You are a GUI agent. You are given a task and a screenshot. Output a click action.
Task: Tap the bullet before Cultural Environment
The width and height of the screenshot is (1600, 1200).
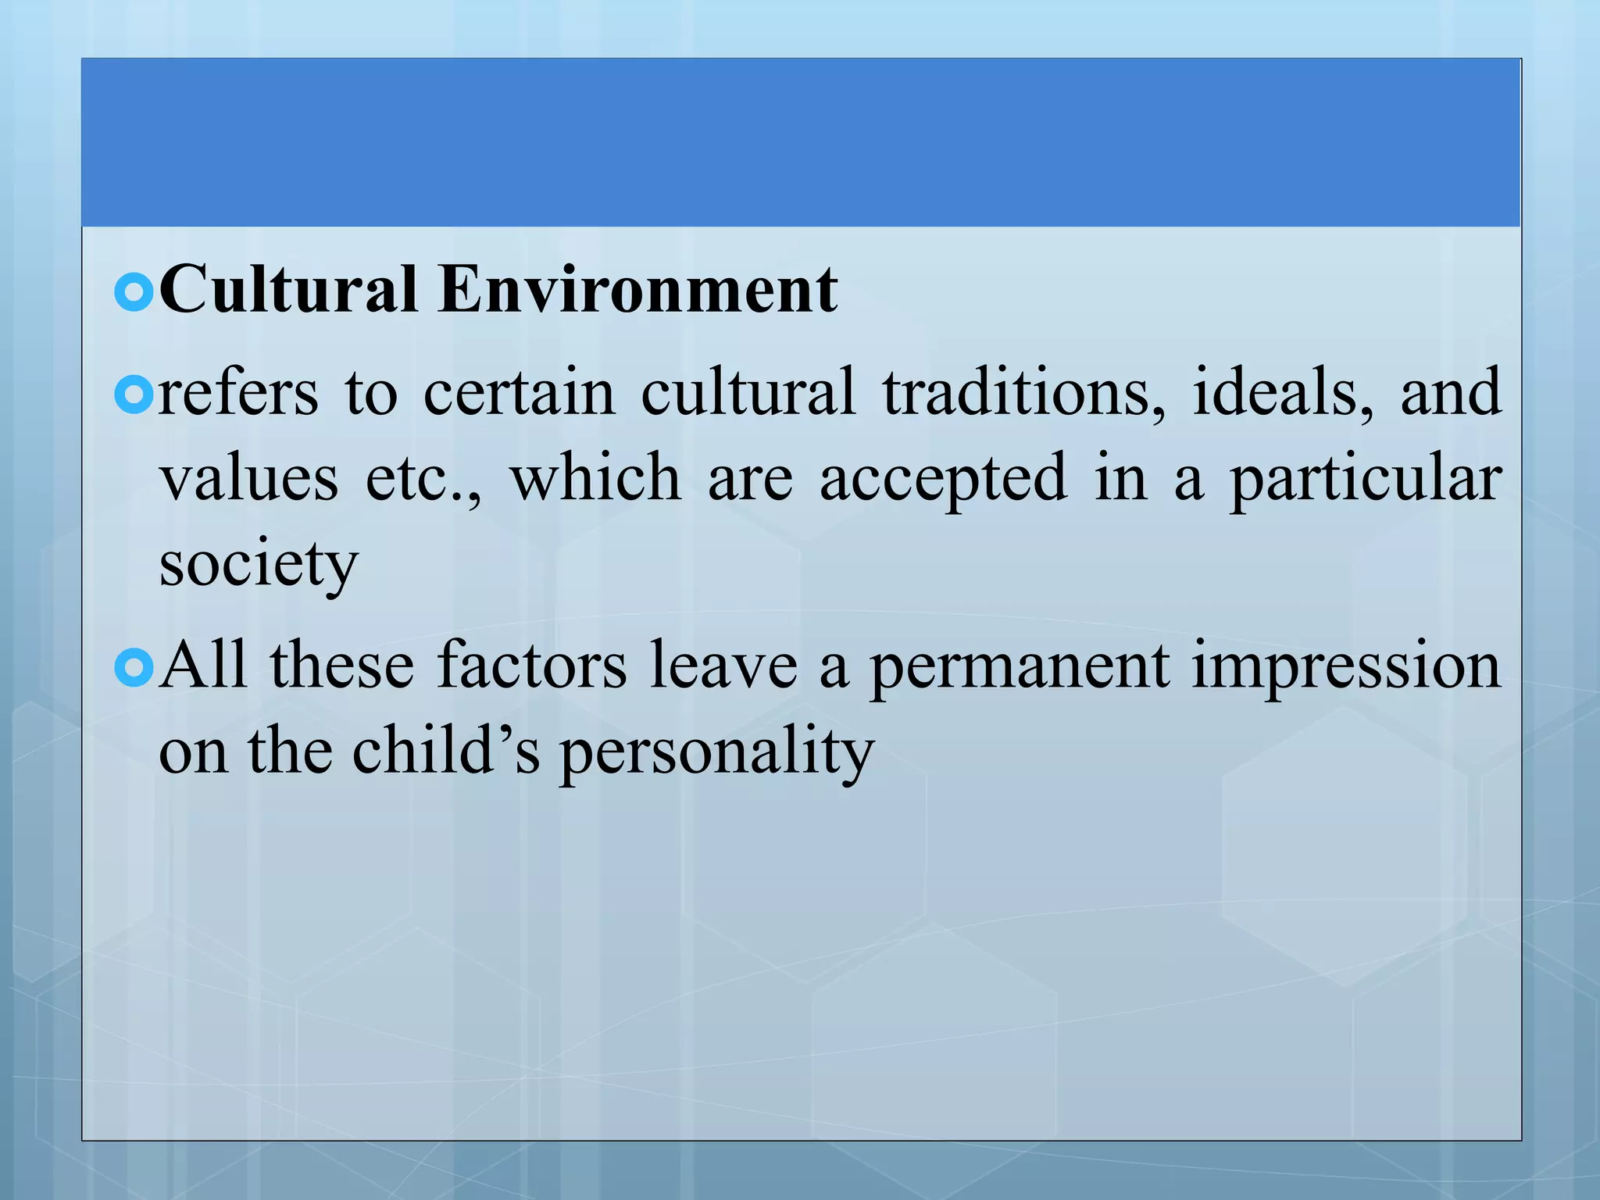pos(134,293)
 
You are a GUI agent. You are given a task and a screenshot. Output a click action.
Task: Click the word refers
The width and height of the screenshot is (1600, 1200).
pos(238,392)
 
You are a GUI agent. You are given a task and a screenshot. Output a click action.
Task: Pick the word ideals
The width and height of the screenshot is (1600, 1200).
pos(1282,392)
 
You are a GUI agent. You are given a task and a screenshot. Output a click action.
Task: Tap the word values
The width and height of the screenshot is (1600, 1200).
pos(248,478)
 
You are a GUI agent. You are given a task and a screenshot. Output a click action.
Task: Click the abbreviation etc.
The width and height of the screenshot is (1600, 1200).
pos(423,478)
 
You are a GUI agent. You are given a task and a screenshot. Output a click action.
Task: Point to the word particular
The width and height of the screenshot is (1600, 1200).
pos(1366,480)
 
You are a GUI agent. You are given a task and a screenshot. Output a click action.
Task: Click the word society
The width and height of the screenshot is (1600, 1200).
pos(259,564)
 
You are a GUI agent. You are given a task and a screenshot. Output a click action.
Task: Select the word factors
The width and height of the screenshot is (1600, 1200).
pos(531,666)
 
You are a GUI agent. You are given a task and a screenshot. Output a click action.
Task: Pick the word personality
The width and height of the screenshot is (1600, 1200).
pos(716,752)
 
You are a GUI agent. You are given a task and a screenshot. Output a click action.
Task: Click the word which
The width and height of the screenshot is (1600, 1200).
pos(595,478)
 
